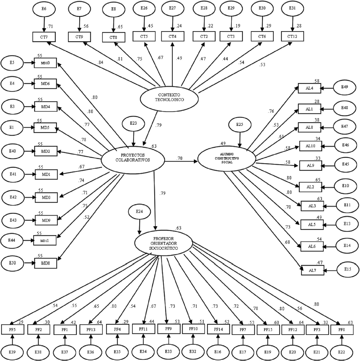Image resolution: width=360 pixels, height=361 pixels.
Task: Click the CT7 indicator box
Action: pyautogui.click(x=44, y=37)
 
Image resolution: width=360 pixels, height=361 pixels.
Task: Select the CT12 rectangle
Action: pyautogui.click(x=292, y=37)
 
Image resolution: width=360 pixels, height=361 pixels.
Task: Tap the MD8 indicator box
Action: pyautogui.click(x=45, y=262)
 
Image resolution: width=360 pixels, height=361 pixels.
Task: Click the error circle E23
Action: pyautogui.click(x=134, y=124)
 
